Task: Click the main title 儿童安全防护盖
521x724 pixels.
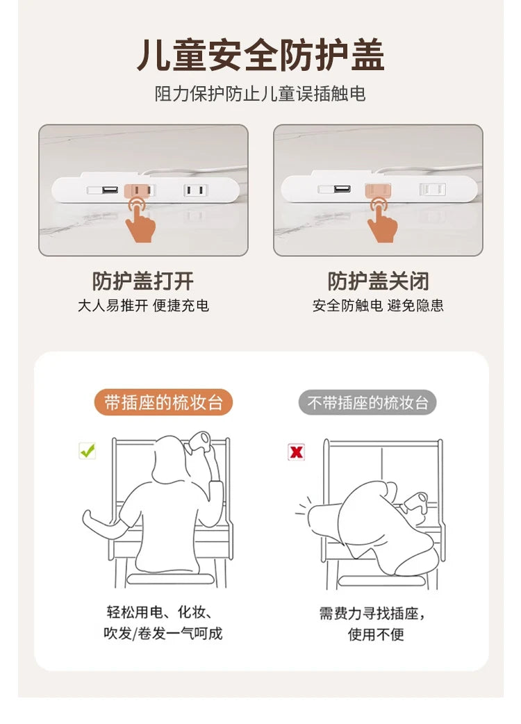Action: (x=260, y=56)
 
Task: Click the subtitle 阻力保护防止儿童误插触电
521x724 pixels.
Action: (x=260, y=94)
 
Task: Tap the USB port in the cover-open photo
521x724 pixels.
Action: (x=110, y=190)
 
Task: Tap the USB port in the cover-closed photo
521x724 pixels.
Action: (x=342, y=189)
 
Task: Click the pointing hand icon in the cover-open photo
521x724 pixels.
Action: (x=140, y=220)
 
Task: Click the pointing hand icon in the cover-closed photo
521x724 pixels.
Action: (x=381, y=220)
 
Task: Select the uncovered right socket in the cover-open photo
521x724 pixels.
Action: (x=196, y=190)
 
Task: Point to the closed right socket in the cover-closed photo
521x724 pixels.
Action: (x=432, y=189)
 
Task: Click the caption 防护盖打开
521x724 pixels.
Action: (x=143, y=281)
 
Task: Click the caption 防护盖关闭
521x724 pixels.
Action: (x=379, y=281)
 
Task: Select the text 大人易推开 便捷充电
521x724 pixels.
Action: (x=143, y=306)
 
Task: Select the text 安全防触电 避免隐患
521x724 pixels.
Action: (x=378, y=306)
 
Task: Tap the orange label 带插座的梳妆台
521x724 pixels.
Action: (x=163, y=402)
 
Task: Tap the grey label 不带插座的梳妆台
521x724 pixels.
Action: (x=367, y=402)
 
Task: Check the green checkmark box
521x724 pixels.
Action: (x=88, y=451)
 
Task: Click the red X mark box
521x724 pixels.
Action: (x=296, y=452)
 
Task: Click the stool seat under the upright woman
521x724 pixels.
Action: (x=171, y=579)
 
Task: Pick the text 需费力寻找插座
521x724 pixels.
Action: (x=369, y=614)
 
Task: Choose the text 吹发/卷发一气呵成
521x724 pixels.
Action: (x=163, y=634)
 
